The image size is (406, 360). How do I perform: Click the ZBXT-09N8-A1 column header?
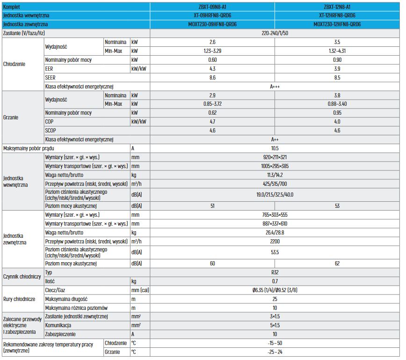tap(212, 7)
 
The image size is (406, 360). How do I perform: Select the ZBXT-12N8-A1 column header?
tap(337, 7)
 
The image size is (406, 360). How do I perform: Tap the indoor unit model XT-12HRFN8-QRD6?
tap(337, 15)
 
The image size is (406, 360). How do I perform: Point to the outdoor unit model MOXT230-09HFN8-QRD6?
tap(212, 24)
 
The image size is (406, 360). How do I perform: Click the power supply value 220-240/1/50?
tap(275, 33)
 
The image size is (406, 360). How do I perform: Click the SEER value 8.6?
tap(212, 77)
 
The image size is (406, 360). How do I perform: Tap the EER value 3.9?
tap(337, 68)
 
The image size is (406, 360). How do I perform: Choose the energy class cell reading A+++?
tap(275, 86)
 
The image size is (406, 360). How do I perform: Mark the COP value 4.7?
tap(212, 122)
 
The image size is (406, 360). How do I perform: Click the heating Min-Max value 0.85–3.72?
tap(212, 104)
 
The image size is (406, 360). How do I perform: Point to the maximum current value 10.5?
tap(275, 148)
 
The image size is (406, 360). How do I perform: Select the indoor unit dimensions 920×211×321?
tap(275, 157)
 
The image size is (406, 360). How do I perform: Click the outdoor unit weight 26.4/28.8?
tap(275, 232)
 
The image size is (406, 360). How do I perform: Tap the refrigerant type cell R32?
tap(275, 272)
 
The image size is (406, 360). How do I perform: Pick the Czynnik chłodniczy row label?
tap(22, 277)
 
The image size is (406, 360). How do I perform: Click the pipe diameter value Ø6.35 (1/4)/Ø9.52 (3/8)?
tap(275, 290)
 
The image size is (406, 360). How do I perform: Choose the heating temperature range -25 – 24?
tap(275, 352)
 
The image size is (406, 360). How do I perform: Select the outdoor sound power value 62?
tap(337, 264)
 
